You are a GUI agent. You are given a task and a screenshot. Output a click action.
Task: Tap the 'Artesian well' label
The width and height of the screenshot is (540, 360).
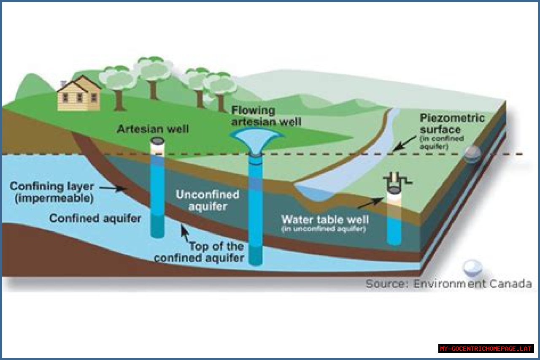pyautogui.click(x=153, y=129)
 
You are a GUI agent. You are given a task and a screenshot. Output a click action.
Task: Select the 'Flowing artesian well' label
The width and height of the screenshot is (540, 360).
pyautogui.click(x=266, y=116)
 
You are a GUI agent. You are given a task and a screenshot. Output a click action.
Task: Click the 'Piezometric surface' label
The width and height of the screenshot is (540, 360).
pyautogui.click(x=452, y=124)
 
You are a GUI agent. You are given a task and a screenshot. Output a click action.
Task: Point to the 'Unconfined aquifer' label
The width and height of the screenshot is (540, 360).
pyautogui.click(x=208, y=200)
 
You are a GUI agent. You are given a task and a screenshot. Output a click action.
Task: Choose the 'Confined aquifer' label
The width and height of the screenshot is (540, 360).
pyautogui.click(x=95, y=219)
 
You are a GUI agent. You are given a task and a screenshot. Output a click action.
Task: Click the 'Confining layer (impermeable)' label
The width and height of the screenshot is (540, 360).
pyautogui.click(x=51, y=192)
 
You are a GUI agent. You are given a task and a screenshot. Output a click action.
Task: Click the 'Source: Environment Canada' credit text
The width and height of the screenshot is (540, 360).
pyautogui.click(x=448, y=284)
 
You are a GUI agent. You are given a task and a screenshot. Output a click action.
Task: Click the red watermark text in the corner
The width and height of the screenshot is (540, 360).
pyautogui.click(x=486, y=349)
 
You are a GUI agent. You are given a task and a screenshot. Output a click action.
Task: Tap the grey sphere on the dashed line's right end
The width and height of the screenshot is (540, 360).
pyautogui.click(x=472, y=154)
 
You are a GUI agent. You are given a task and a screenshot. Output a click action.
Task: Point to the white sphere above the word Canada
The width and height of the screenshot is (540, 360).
pyautogui.click(x=472, y=267)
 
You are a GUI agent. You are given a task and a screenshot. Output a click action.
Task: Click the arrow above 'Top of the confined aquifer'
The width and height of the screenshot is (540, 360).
pyautogui.click(x=184, y=232)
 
